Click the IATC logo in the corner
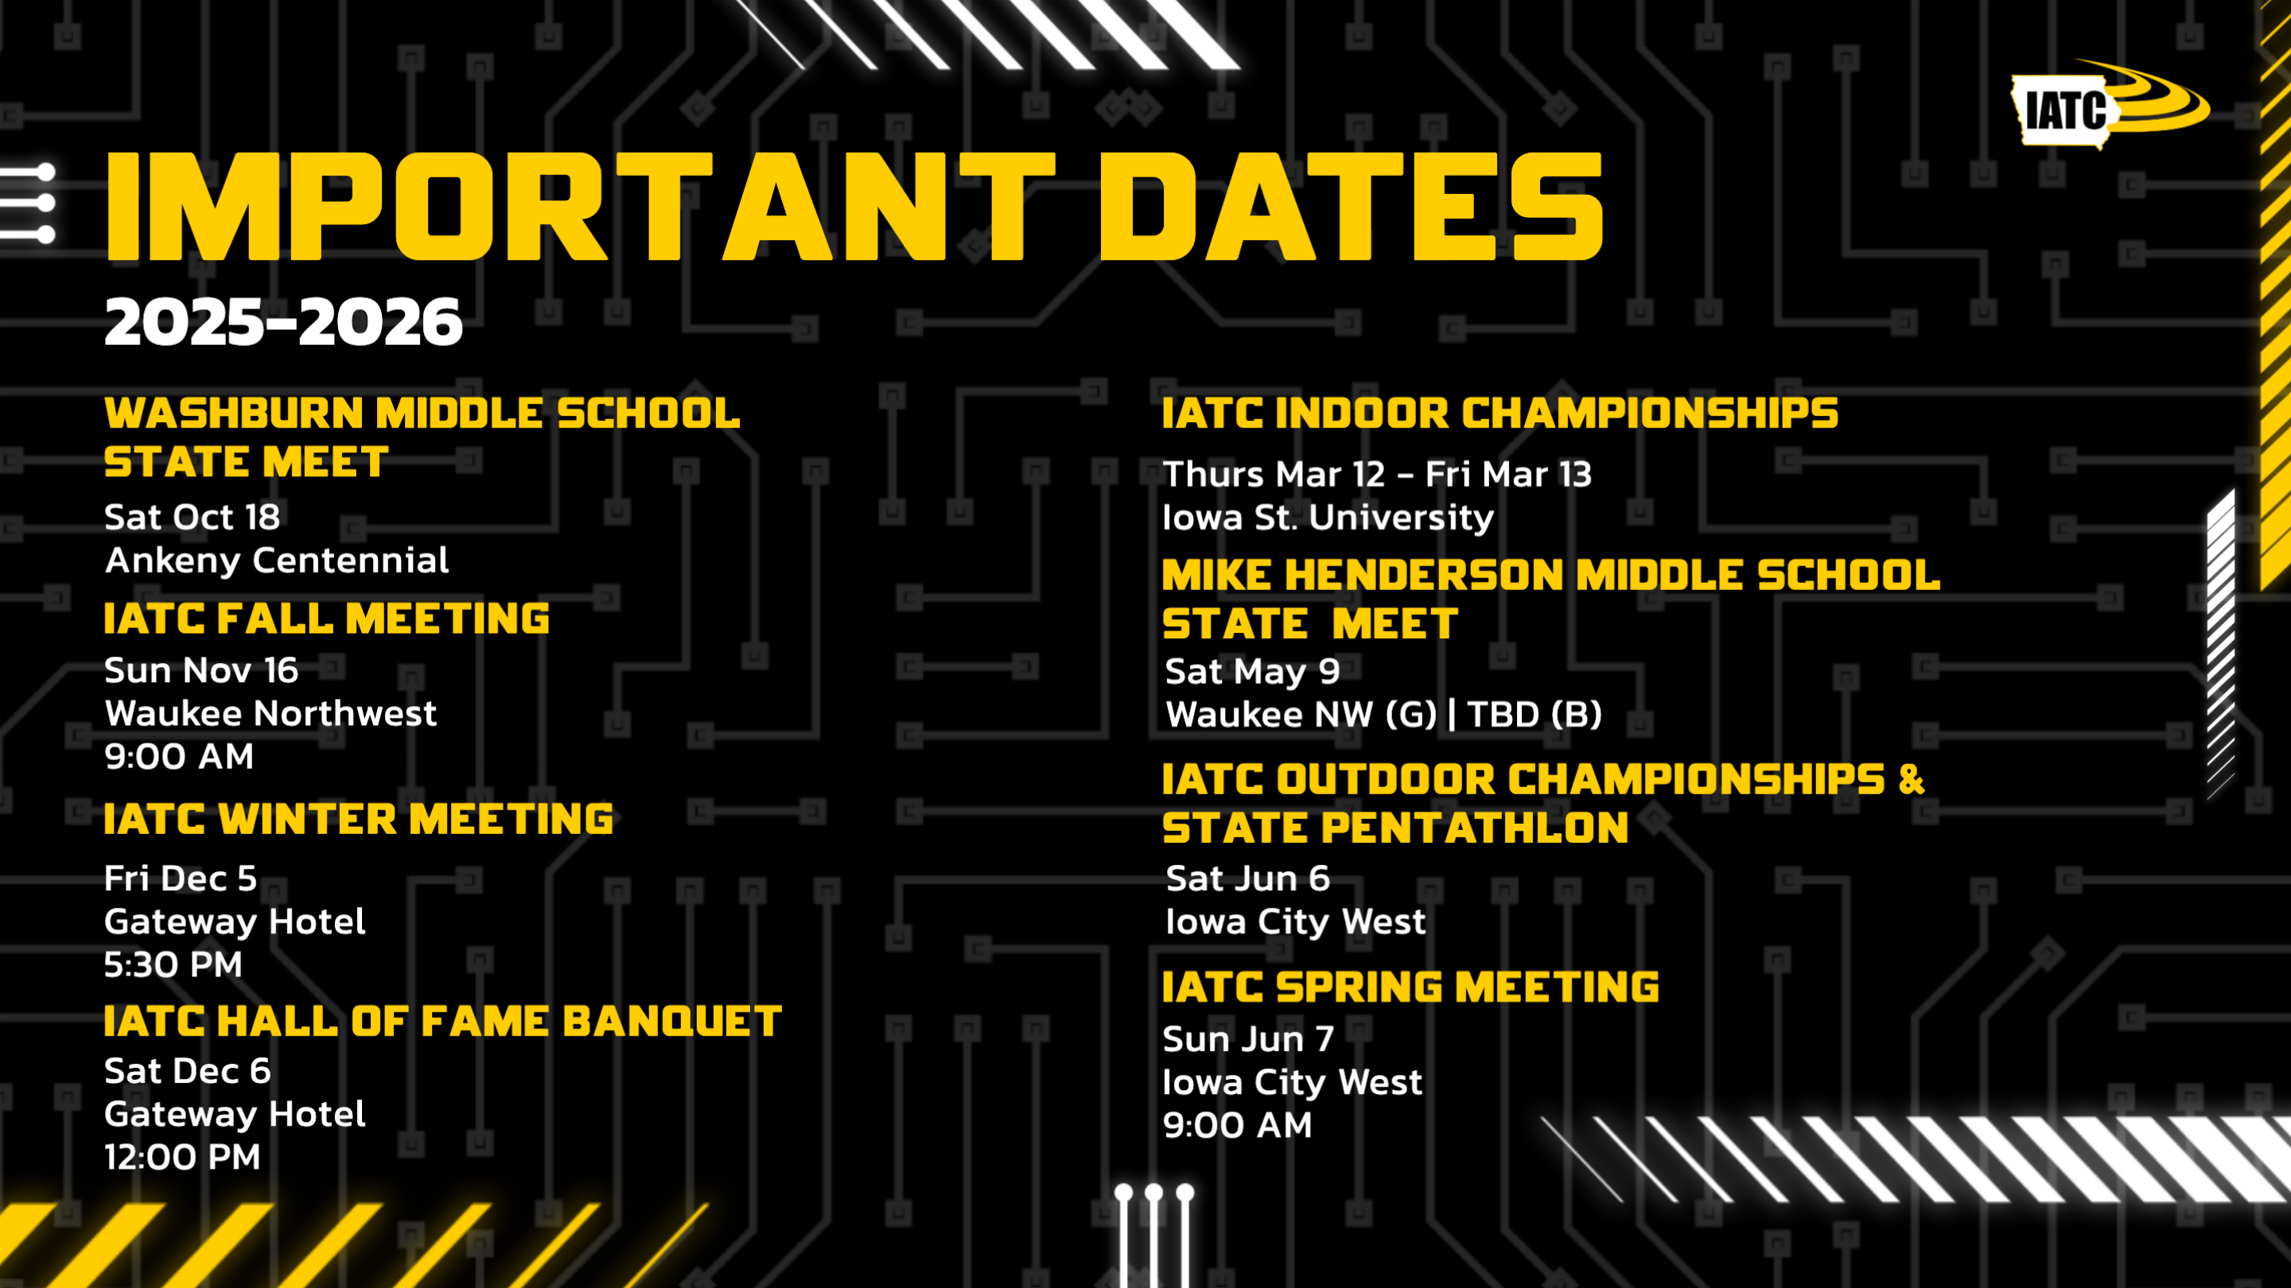click(2110, 106)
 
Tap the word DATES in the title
click(1352, 206)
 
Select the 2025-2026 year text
click(284, 322)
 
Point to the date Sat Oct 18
click(192, 518)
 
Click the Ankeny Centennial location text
click(277, 561)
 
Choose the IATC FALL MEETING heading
click(326, 619)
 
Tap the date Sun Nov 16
click(201, 670)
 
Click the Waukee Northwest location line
click(270, 714)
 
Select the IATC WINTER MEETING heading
click(359, 819)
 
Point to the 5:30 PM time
click(173, 964)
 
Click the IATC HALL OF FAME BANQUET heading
click(443, 1022)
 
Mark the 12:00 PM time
click(182, 1158)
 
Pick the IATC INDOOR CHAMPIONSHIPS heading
click(1500, 413)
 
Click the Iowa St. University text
click(1328, 518)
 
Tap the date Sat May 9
click(1252, 672)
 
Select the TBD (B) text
click(1535, 715)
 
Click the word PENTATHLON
click(1475, 828)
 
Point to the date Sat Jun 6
click(1248, 879)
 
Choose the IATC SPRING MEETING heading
click(1410, 987)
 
